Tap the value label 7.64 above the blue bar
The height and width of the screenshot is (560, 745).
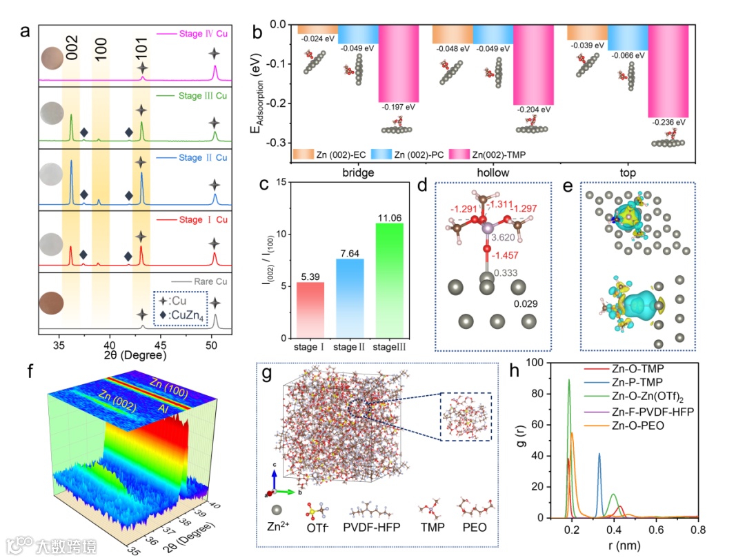click(x=338, y=253)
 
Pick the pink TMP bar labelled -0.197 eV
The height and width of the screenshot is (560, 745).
click(x=398, y=63)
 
